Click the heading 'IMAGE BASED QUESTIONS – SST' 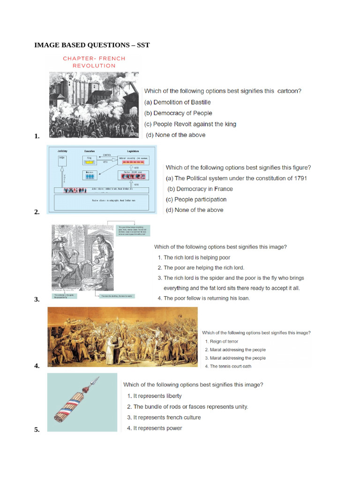coord(92,45)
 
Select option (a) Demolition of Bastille coord(178,102)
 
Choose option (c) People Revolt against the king coord(190,124)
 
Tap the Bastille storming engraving coord(94,105)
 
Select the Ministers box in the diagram coord(89,175)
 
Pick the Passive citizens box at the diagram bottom coord(102,202)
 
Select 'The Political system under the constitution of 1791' coord(237,178)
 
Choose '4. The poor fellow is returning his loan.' coord(204,298)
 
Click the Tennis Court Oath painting coord(123,337)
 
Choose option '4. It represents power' coord(155,428)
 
